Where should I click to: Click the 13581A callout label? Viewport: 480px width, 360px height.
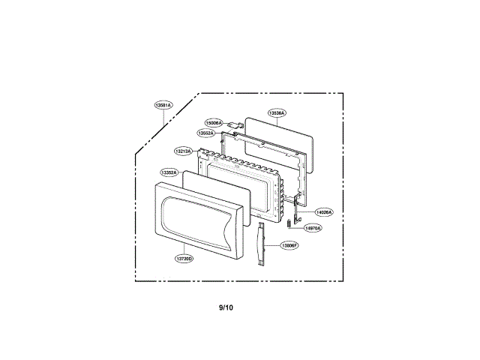point(163,106)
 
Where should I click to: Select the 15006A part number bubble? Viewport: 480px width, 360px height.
point(214,122)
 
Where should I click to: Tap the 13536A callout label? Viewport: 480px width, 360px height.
point(277,113)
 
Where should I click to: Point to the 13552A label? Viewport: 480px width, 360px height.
point(207,133)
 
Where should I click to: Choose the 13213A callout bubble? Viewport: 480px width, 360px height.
point(184,151)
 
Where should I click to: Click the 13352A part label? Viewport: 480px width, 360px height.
point(169,172)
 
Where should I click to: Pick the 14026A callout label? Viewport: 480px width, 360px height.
point(323,212)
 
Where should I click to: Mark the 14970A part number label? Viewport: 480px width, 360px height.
point(313,228)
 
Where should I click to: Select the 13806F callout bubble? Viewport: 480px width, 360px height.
point(289,245)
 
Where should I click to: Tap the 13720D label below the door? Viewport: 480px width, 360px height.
point(184,259)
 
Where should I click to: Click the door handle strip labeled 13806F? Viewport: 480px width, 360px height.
point(260,244)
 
